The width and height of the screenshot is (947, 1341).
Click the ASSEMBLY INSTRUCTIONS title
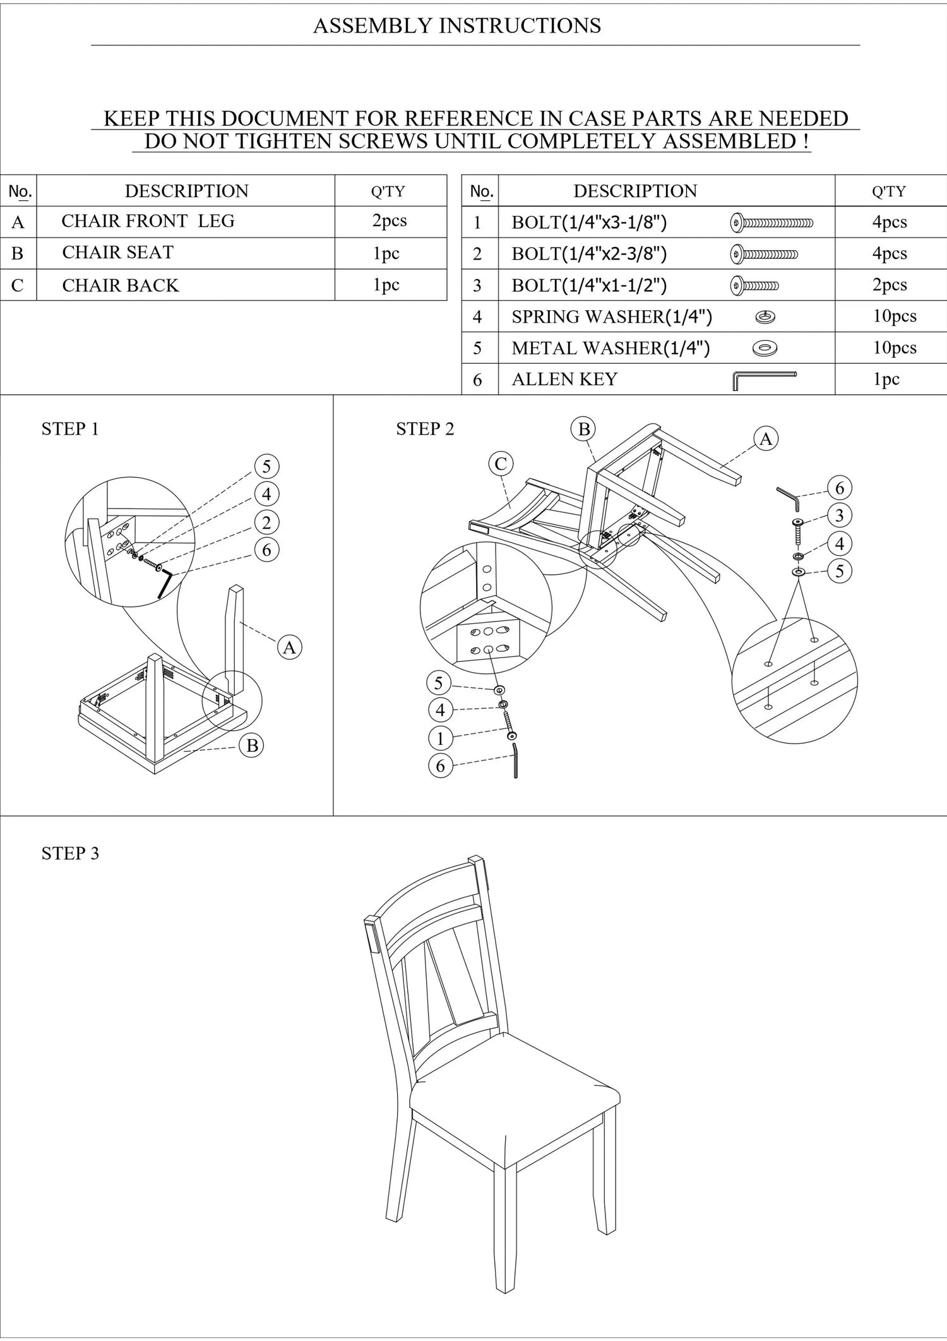(457, 26)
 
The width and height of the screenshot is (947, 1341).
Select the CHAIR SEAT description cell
(186, 253)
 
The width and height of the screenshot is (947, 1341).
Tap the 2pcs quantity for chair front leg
(390, 221)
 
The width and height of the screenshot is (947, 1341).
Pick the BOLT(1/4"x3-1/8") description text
(589, 222)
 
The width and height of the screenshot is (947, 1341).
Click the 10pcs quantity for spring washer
(895, 316)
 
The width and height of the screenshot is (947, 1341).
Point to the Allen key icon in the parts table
(765, 380)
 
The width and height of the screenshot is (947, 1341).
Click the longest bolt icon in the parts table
(771, 222)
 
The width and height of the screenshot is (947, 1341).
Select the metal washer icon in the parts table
(765, 348)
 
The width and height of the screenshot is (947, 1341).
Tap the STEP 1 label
(70, 429)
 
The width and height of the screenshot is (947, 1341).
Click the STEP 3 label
(70, 853)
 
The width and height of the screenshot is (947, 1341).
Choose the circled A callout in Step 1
(289, 647)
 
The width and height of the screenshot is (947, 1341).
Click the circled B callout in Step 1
(252, 746)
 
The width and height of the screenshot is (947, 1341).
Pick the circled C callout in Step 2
(501, 464)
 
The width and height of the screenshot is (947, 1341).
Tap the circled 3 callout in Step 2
(840, 515)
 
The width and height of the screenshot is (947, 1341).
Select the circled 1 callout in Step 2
(441, 738)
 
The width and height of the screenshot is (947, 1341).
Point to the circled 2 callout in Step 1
(266, 522)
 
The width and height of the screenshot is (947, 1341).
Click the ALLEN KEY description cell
(667, 379)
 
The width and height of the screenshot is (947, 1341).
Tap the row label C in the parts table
(18, 286)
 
